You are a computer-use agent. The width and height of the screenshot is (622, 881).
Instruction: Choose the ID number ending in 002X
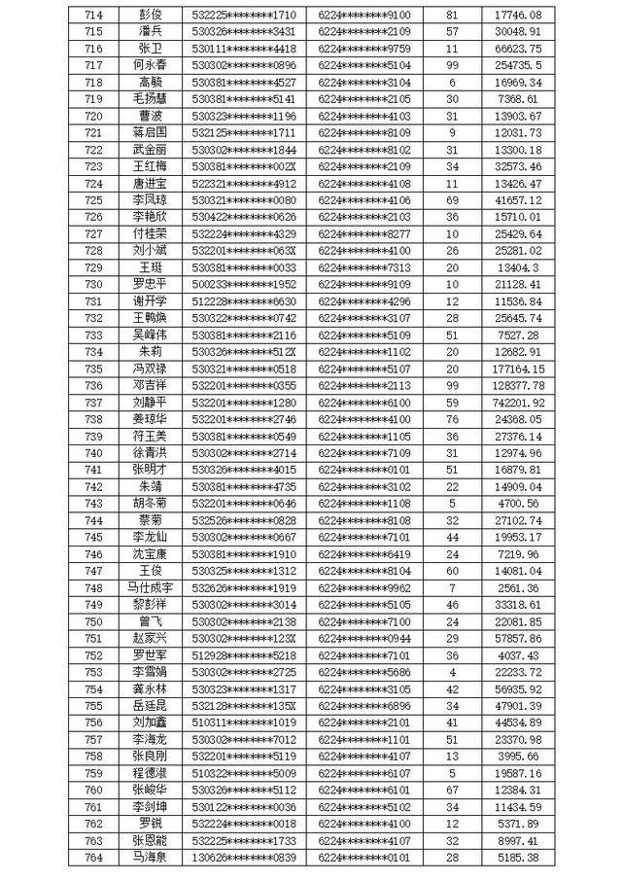(x=244, y=166)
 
